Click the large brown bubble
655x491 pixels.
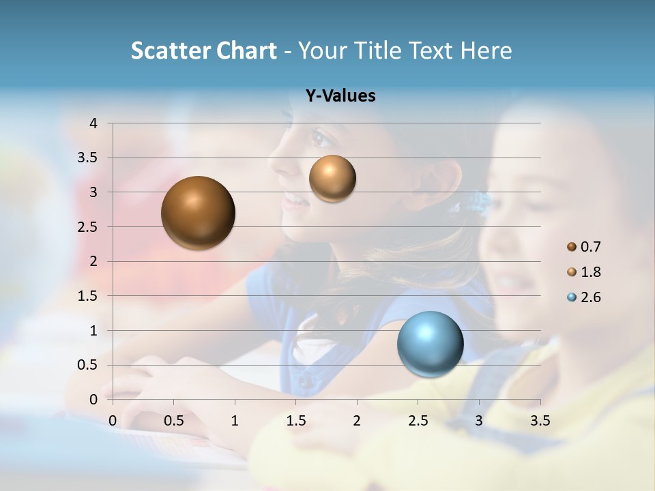click(x=198, y=213)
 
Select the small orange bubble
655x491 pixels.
click(x=332, y=178)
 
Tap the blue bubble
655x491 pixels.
click(x=430, y=344)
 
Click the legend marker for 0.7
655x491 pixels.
click(x=572, y=246)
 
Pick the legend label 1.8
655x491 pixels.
click(x=591, y=272)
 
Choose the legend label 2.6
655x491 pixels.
click(x=591, y=297)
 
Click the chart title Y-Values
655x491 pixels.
click(x=340, y=96)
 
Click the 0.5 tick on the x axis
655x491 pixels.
click(x=173, y=421)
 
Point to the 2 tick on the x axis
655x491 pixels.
click(x=356, y=421)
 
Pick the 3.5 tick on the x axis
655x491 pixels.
click(x=540, y=421)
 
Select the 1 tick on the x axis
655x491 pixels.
click(x=235, y=421)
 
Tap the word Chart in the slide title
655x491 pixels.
click(x=246, y=50)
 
